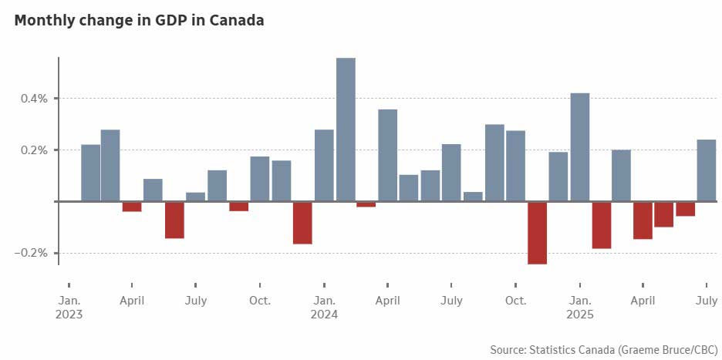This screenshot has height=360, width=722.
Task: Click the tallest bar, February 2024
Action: (x=346, y=130)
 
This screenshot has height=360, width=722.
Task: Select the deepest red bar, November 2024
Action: (x=537, y=233)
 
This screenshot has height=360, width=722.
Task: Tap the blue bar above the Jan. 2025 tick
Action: (x=580, y=147)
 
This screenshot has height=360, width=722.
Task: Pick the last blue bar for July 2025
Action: (x=707, y=170)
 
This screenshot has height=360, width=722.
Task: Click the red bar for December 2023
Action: (x=302, y=223)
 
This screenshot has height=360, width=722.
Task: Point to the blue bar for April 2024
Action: (x=388, y=155)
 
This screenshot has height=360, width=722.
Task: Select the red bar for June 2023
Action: (x=174, y=220)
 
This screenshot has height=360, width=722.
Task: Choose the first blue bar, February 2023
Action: (x=90, y=173)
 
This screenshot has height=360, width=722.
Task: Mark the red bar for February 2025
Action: (x=602, y=225)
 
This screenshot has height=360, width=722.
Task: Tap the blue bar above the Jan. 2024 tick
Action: (x=324, y=165)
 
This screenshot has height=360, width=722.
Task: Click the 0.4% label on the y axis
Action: (x=35, y=99)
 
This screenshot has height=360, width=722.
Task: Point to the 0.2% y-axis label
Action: (x=35, y=150)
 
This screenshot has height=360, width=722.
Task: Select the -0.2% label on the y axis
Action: (x=32, y=253)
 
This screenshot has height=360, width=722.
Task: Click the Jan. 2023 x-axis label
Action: (x=69, y=307)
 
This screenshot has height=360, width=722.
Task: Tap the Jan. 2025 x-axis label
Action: (x=580, y=307)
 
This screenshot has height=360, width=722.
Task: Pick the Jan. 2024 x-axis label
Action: (x=324, y=307)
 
